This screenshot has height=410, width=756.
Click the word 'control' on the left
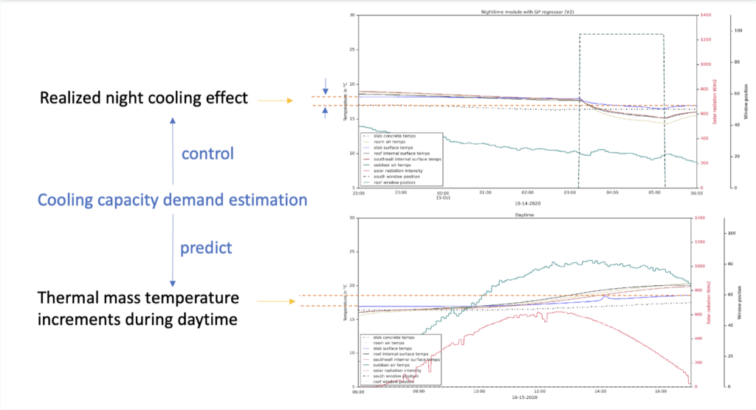207,154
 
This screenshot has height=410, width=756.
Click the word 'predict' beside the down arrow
206,248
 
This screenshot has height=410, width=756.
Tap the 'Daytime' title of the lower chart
526,215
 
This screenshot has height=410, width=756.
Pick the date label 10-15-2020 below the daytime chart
526,402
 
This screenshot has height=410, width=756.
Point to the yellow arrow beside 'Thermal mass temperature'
271,301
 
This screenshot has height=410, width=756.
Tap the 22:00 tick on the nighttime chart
358,194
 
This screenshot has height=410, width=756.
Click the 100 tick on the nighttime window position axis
737,30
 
